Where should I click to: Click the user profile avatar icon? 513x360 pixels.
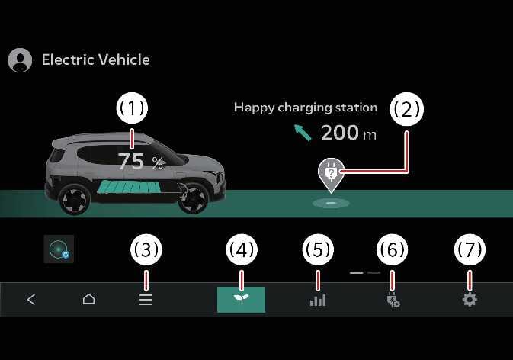click(20, 60)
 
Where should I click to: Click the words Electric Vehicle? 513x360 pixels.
click(95, 59)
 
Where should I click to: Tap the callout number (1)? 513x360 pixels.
click(132, 109)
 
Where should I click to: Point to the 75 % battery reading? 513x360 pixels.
click(140, 161)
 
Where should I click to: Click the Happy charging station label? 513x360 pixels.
click(305, 108)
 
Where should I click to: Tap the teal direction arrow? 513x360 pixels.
click(303, 133)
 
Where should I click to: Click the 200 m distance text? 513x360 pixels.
click(348, 133)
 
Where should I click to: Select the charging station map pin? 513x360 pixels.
click(331, 174)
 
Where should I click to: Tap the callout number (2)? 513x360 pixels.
click(406, 109)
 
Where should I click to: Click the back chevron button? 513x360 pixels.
click(31, 300)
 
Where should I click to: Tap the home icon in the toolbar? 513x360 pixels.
click(88, 300)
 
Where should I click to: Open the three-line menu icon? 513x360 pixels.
click(146, 300)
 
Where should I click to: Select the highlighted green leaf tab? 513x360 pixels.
click(241, 300)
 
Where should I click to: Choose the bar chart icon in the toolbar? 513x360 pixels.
click(317, 300)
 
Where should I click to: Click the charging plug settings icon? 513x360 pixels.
click(393, 300)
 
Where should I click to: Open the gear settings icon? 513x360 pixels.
click(470, 300)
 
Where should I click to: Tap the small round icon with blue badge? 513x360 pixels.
click(59, 249)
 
